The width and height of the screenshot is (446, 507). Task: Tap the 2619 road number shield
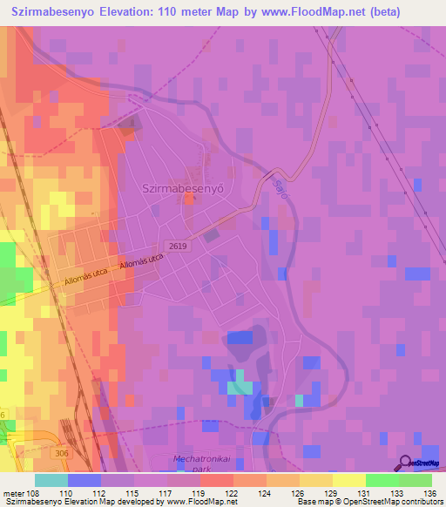(x=178, y=247)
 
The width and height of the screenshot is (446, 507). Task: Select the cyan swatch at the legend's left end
(x=51, y=479)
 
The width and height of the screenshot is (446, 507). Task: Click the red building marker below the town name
(x=189, y=200)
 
